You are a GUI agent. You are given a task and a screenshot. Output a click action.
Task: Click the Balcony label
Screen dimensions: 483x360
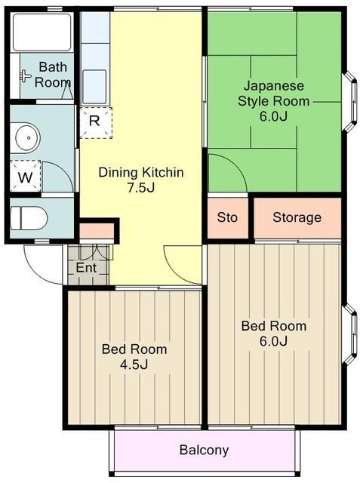click(x=204, y=451)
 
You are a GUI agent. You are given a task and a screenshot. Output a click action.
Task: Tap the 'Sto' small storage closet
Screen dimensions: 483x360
click(x=227, y=217)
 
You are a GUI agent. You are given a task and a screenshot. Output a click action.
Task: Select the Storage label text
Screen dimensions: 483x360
click(x=297, y=217)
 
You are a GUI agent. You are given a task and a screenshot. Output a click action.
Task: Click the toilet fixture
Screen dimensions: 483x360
click(x=29, y=218)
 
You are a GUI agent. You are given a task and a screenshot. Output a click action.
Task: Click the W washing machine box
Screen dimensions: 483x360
click(x=26, y=178)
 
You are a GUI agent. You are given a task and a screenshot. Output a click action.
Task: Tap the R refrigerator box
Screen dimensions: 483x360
click(x=95, y=120)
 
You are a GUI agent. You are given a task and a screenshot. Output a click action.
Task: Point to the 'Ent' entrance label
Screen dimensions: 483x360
click(x=85, y=268)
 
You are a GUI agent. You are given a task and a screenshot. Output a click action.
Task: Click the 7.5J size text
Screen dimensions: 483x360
click(x=141, y=187)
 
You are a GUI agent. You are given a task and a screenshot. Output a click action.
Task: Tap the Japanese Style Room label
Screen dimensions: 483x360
click(x=273, y=93)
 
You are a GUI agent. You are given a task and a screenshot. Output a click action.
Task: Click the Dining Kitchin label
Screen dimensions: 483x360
click(x=141, y=173)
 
